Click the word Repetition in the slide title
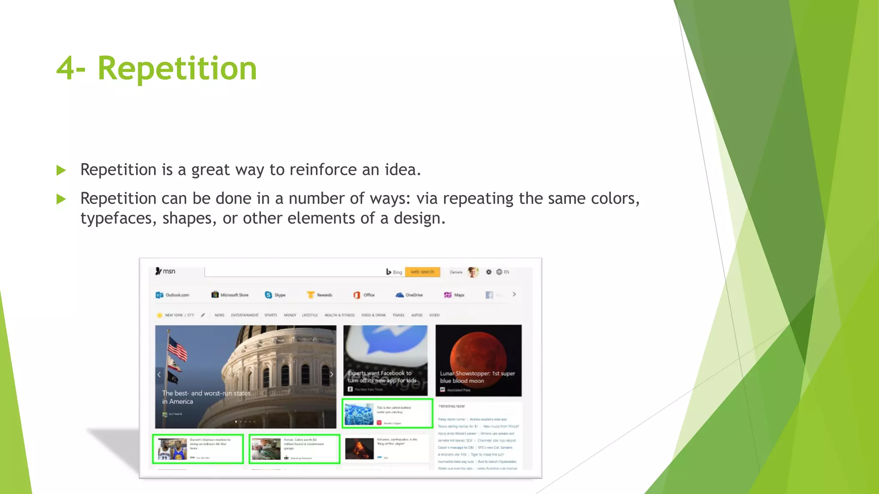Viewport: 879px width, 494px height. coord(177,69)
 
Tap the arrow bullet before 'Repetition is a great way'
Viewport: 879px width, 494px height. coord(61,171)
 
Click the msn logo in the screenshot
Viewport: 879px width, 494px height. coord(165,271)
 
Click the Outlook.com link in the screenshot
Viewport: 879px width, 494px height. coord(173,295)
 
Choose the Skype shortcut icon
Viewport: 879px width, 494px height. coord(269,295)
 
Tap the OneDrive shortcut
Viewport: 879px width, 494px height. coord(409,295)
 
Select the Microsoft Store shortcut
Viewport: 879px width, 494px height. coord(230,295)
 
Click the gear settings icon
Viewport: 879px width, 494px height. coord(488,272)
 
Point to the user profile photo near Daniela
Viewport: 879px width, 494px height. coord(473,272)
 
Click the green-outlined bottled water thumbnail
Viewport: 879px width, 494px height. coord(359,414)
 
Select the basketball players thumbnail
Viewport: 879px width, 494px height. coord(173,449)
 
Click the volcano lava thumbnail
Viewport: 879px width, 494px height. coord(359,449)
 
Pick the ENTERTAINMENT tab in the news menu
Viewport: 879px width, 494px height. coord(245,315)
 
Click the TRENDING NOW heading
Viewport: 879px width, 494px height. coord(452,406)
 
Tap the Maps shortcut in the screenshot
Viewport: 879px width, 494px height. coord(454,295)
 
